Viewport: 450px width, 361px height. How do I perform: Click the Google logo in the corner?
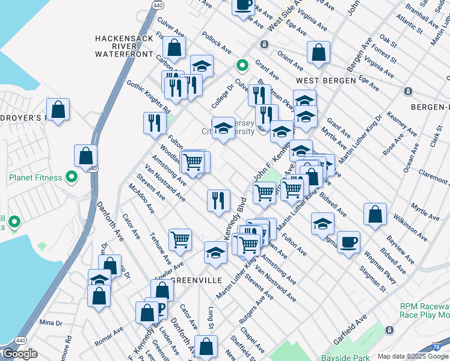pos(20,354)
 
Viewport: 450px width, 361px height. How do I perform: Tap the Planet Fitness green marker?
pos(71,177)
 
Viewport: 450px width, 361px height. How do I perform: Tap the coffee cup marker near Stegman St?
pos(348,242)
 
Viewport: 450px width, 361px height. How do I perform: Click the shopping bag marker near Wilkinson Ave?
pos(375,215)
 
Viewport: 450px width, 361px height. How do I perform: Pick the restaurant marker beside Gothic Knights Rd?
pos(155,123)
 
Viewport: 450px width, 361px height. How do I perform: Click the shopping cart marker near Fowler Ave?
pos(180,239)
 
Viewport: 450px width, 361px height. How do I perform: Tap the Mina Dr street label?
pos(51,322)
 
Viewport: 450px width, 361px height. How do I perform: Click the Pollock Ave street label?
pos(217,42)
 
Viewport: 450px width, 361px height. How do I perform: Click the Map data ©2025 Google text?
pos(412,356)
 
